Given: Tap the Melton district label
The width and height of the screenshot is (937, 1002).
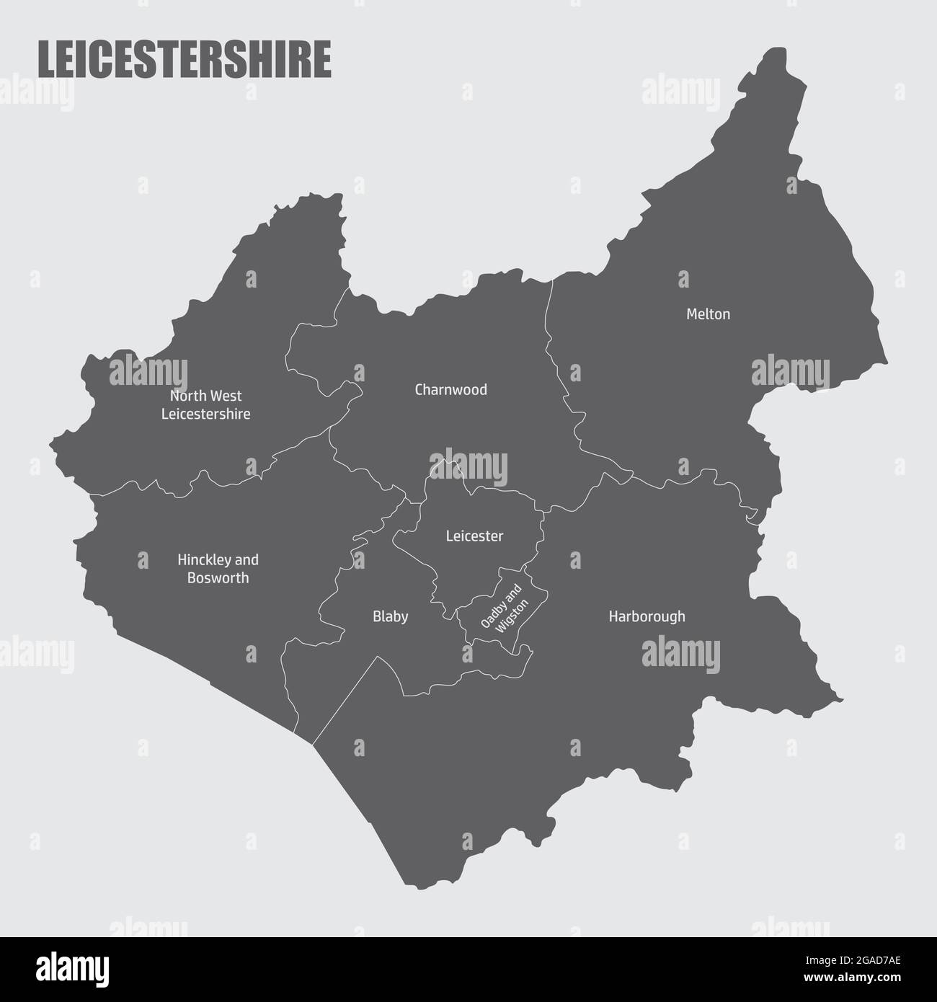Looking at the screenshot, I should click(708, 314).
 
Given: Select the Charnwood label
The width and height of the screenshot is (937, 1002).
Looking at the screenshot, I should click(450, 390).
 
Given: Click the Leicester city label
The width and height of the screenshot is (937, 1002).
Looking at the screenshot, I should click(474, 536).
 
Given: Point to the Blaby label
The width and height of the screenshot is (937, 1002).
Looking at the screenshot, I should click(390, 616).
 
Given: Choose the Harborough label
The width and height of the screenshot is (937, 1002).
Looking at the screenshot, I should click(647, 616).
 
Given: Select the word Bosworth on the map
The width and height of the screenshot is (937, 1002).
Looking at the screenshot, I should click(218, 578).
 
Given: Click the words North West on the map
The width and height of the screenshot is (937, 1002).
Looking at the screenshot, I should click(205, 396).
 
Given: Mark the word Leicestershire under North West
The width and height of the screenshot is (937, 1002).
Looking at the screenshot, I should click(205, 414).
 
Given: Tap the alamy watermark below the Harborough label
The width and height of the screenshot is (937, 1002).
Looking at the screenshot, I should click(680, 653).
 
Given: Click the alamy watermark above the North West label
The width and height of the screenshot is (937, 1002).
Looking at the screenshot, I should click(148, 373).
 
